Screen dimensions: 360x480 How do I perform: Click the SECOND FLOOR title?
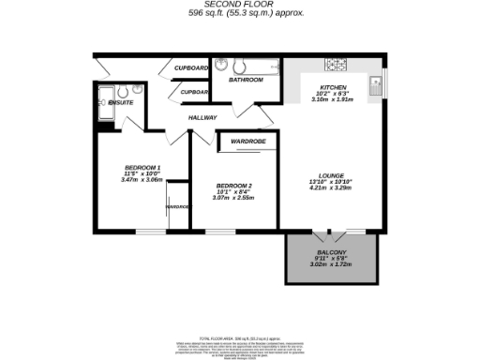[240, 5]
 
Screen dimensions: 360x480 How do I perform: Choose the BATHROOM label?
[247, 80]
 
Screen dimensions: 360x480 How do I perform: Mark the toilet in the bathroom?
[222, 65]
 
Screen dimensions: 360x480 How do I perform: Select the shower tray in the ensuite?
[103, 108]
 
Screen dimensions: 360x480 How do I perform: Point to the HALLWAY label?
[202, 117]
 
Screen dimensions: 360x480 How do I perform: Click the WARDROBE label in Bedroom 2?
[248, 141]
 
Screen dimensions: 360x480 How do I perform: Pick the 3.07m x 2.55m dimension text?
[234, 198]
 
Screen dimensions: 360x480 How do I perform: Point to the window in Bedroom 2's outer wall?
[220, 230]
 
